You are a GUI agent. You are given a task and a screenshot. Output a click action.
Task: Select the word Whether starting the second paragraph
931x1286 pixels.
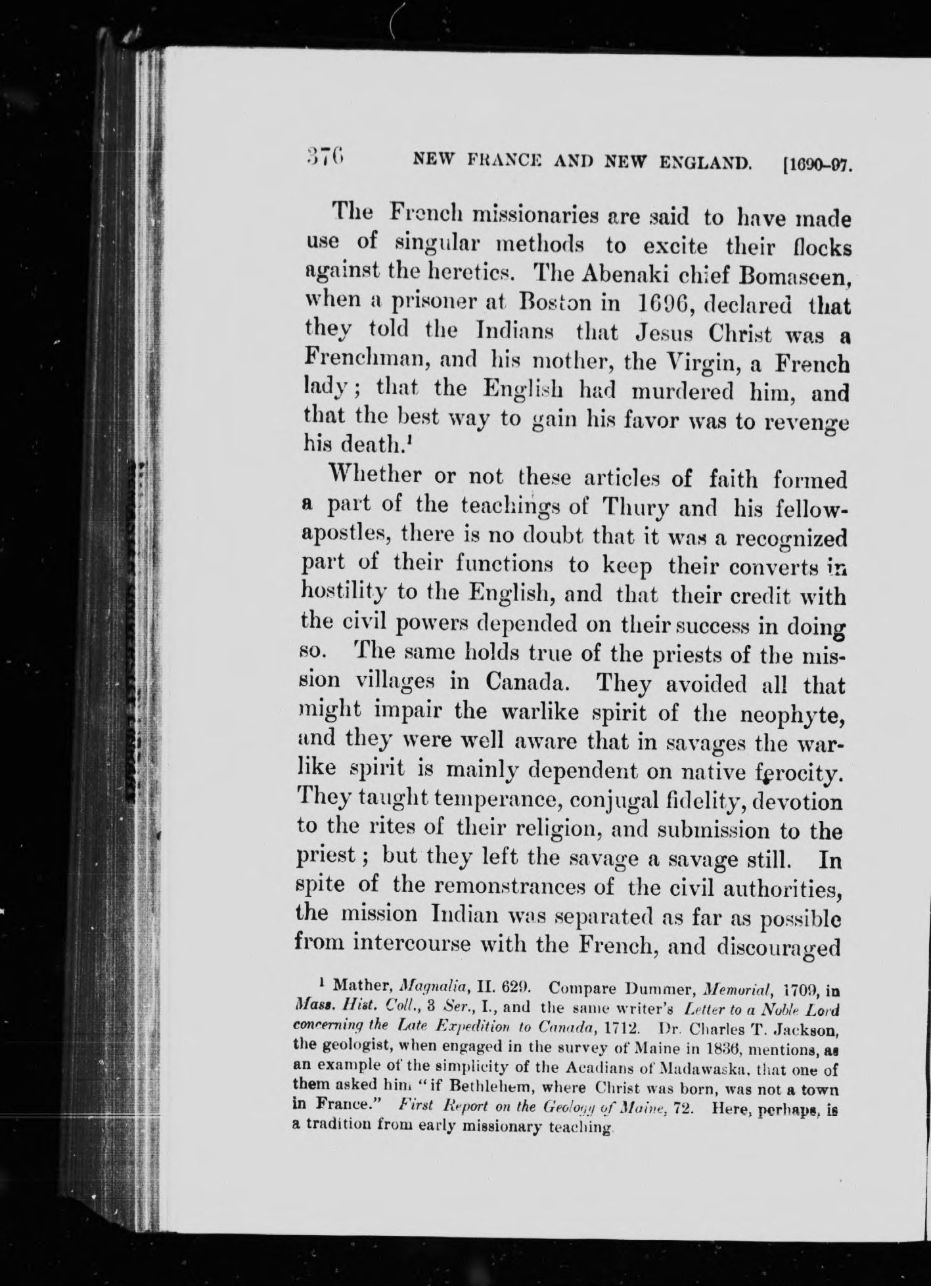point(373,475)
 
